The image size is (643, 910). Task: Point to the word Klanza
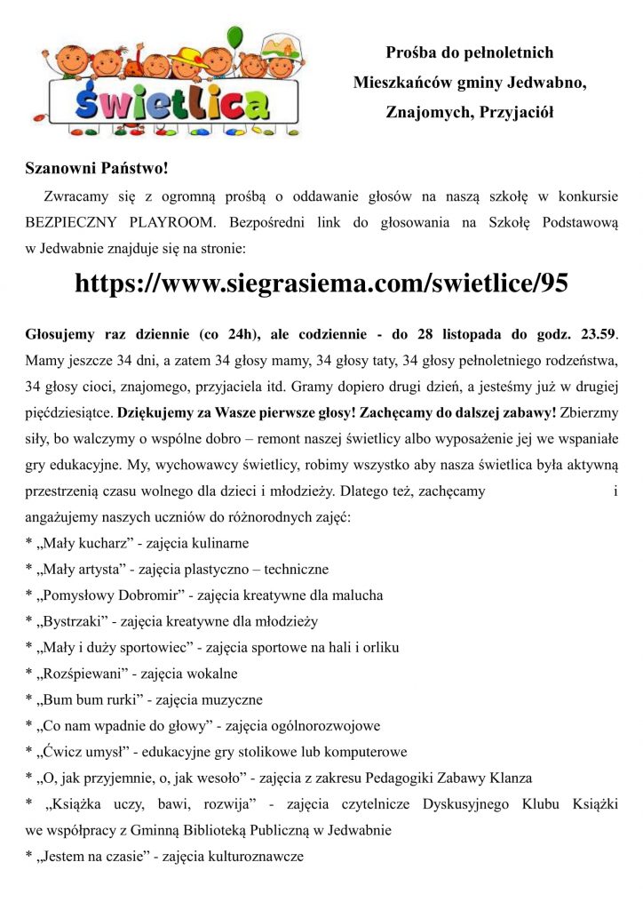[x=508, y=778]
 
